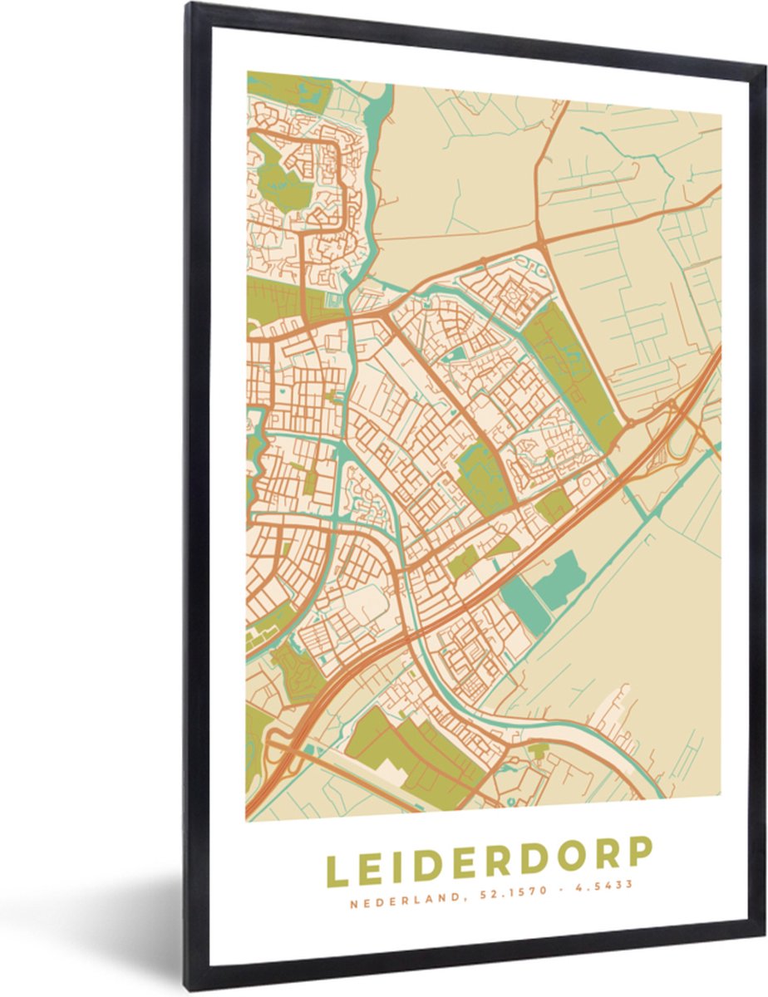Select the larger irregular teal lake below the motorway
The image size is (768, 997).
(559, 578)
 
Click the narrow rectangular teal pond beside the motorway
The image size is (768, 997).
(525, 605)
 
